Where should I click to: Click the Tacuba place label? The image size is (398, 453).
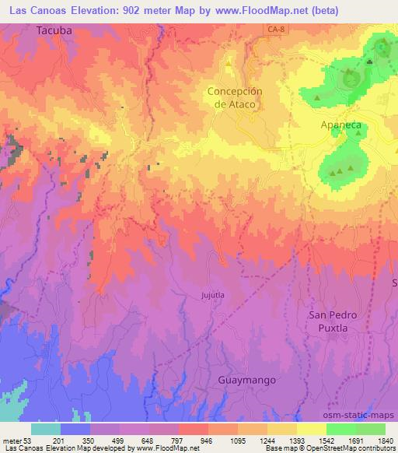pos(53,30)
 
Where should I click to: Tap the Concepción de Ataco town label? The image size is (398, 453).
pos(235,97)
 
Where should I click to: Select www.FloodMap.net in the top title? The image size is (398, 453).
pos(261,9)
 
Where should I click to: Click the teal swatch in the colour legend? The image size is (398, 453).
pos(46,429)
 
